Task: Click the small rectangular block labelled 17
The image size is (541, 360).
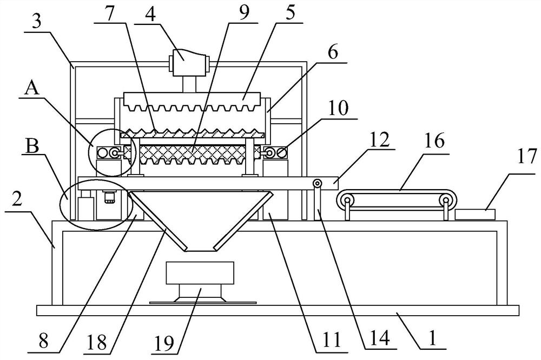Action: point(475,214)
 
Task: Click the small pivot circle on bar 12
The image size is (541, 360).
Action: point(317,184)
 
